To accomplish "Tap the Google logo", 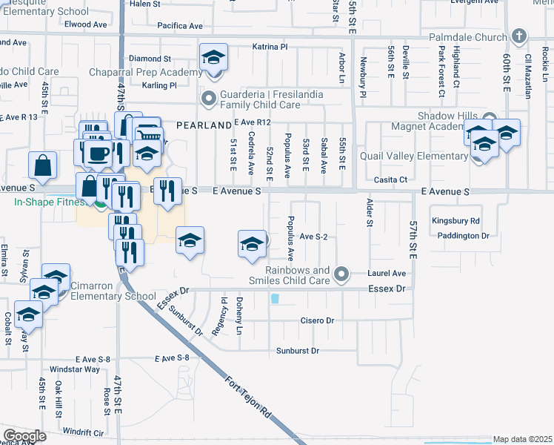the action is point(24,436).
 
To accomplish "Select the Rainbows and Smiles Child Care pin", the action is point(341,275).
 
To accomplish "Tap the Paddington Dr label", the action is point(464,236).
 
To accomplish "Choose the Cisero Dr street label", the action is point(316,321).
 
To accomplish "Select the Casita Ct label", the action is point(392,179).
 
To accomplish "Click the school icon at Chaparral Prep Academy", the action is point(213,57).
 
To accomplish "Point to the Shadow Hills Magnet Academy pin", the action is point(489,119).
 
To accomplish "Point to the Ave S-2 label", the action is point(313,237).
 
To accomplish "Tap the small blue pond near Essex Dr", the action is point(275,299).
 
